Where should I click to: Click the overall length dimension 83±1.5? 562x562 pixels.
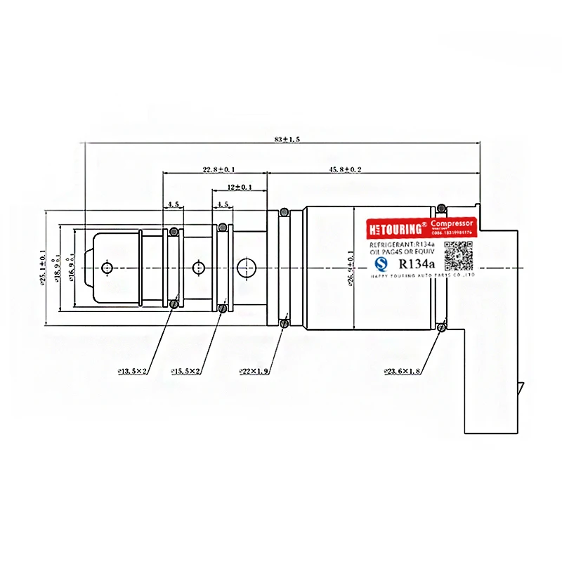pyautogui.click(x=287, y=140)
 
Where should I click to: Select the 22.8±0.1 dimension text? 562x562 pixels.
pyautogui.click(x=219, y=169)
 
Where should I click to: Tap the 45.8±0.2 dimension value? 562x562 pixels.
pyautogui.click(x=346, y=169)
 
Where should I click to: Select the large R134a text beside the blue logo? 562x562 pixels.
pyautogui.click(x=417, y=264)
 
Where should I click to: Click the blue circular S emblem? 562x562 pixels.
pyautogui.click(x=381, y=264)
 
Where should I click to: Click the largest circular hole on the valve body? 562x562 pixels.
pyautogui.click(x=247, y=267)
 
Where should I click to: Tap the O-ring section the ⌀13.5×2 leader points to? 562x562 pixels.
pyautogui.click(x=174, y=303)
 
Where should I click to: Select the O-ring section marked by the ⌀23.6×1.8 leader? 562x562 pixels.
pyautogui.click(x=441, y=325)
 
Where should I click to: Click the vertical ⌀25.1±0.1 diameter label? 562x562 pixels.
pyautogui.click(x=44, y=267)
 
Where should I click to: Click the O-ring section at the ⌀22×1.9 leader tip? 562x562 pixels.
pyautogui.click(x=284, y=323)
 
